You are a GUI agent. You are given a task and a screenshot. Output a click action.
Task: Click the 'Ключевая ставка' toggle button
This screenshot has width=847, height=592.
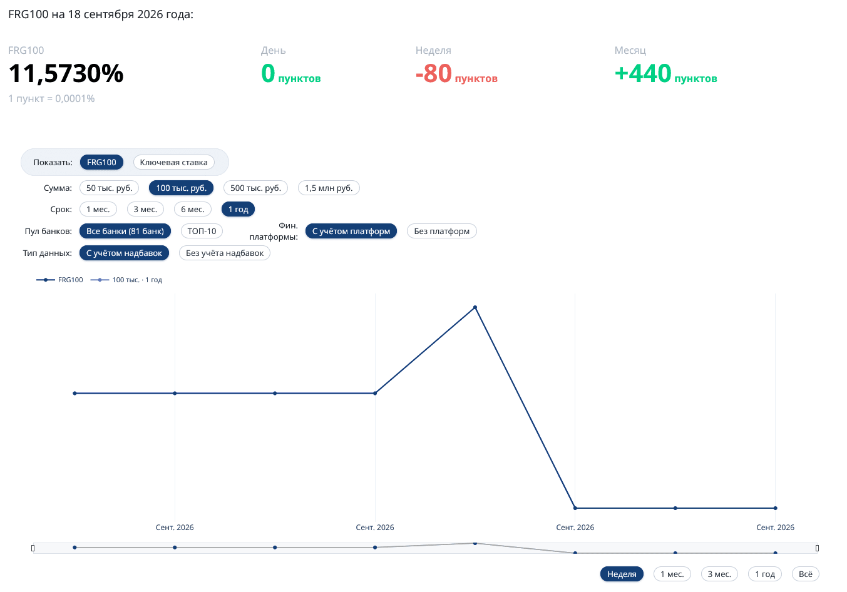(x=173, y=162)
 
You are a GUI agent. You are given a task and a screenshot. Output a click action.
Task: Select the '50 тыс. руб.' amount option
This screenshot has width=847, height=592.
(x=109, y=188)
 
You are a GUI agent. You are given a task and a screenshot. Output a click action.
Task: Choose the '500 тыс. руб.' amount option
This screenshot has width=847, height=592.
(x=255, y=188)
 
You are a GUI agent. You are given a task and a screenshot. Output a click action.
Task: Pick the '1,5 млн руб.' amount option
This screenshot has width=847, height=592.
(x=329, y=188)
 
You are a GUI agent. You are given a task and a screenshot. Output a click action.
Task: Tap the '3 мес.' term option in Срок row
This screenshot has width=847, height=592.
(x=145, y=209)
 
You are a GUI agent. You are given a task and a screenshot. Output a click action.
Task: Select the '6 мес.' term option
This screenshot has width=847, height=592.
(x=192, y=209)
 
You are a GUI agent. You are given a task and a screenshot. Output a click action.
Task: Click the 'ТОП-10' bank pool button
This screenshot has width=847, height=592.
(x=202, y=231)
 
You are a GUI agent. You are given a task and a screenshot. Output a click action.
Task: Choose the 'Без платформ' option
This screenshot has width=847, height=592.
(x=441, y=231)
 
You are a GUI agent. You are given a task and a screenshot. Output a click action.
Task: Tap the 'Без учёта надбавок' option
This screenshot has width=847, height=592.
(x=225, y=253)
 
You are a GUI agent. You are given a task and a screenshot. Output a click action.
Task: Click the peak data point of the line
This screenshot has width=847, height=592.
(x=475, y=307)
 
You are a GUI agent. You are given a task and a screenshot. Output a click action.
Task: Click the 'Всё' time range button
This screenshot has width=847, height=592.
(x=806, y=574)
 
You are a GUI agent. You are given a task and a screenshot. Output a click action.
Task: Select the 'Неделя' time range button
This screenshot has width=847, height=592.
(x=622, y=574)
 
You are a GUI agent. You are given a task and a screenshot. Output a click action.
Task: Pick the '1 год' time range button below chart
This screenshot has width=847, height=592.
(x=765, y=574)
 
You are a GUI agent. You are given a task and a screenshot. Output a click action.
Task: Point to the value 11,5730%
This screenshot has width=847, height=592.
(x=66, y=73)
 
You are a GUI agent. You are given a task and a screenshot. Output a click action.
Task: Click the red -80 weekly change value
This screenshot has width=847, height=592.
(x=433, y=73)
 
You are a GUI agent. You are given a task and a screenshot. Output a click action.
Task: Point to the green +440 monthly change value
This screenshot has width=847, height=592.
(x=643, y=73)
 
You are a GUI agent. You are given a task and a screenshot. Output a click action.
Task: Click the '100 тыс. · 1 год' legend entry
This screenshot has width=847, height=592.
(x=126, y=280)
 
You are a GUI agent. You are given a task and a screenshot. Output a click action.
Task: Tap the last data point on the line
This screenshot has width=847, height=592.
(x=775, y=508)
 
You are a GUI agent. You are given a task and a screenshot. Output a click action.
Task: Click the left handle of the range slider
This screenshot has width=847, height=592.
(x=33, y=548)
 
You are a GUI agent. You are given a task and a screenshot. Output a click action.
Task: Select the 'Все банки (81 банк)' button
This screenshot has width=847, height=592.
(x=125, y=231)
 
